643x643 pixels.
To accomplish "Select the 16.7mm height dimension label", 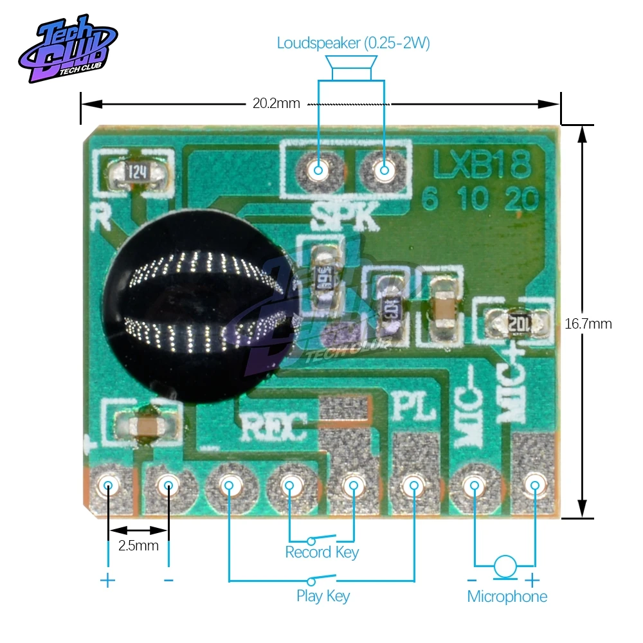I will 588,323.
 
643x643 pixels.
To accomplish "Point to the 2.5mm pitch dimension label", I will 138,546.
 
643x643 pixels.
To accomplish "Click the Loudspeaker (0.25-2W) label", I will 353,44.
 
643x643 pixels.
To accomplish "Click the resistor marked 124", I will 137,172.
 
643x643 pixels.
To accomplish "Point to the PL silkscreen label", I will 413,408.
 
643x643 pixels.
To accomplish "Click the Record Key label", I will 321,552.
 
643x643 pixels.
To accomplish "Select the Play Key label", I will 323,595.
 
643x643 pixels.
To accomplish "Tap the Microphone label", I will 507,596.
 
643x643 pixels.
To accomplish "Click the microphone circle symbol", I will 505,566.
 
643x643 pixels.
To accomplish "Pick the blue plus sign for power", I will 107,581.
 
